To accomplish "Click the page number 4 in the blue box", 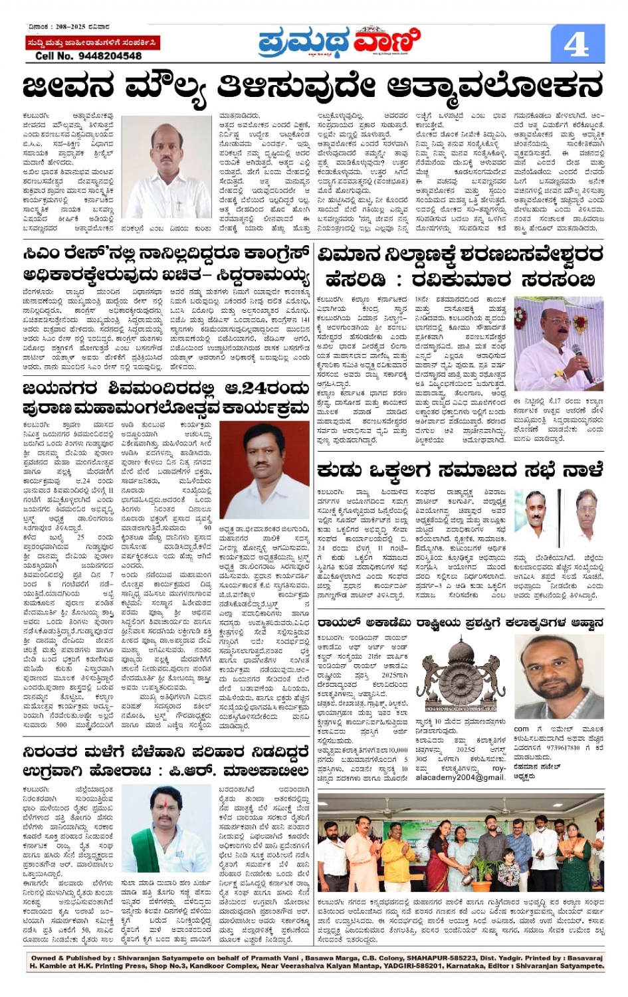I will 576,44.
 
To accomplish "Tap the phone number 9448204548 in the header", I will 99,56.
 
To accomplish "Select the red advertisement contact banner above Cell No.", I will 92,43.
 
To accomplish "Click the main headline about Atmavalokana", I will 313,87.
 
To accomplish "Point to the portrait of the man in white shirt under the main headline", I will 166,167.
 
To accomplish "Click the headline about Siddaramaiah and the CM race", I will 166,264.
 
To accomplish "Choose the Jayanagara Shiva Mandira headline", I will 166,398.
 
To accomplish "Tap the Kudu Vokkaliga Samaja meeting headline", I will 460,470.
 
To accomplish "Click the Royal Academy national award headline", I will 460,622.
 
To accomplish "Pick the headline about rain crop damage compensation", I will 166,761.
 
